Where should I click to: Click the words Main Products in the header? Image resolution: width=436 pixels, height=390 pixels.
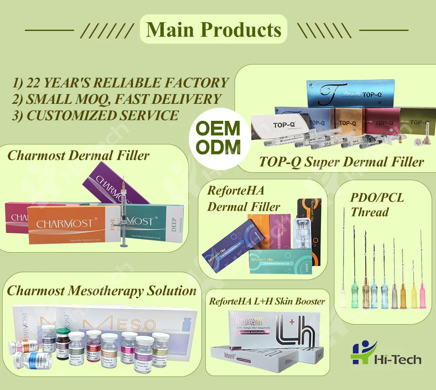coord(214,30)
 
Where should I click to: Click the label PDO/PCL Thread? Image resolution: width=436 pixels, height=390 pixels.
coord(377,205)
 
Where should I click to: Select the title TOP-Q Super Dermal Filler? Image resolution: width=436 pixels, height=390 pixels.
coord(341,162)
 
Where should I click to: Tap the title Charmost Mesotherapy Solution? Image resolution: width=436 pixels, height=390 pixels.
coord(102,291)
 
